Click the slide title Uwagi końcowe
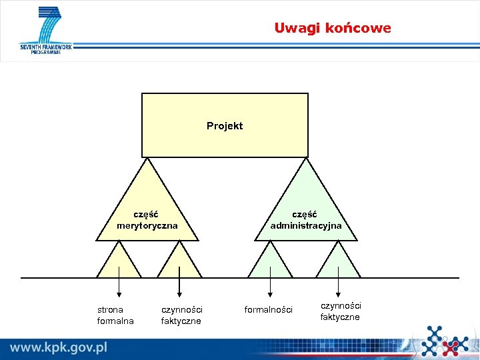tap(332, 28)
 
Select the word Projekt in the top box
tap(225, 126)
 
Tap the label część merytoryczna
tap(147, 220)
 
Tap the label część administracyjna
tap(306, 220)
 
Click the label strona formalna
tap(115, 315)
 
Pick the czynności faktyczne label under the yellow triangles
tap(181, 315)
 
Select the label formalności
tap(268, 310)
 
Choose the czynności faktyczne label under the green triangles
tap(340, 311)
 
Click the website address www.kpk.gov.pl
tap(59, 347)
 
